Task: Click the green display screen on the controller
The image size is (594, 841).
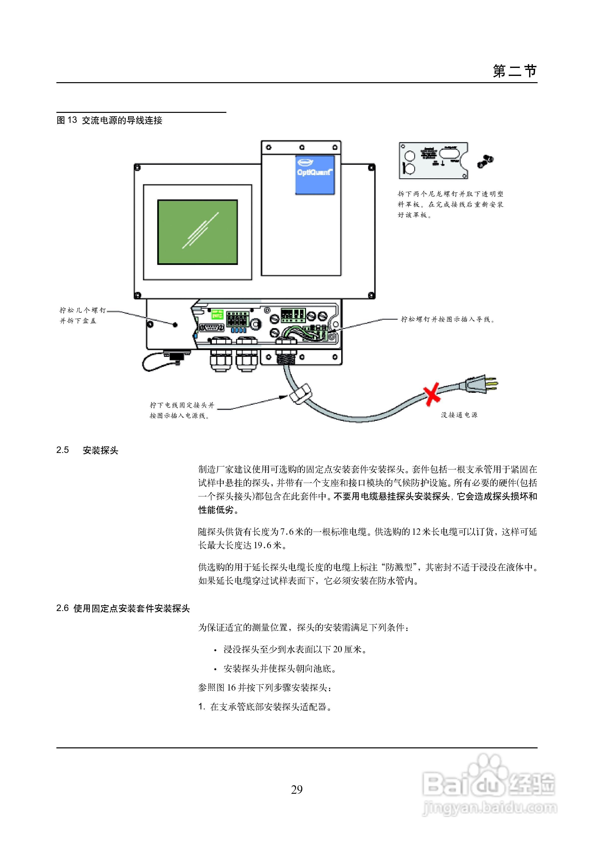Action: coord(197,232)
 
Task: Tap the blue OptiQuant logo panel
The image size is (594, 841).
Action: coord(315,175)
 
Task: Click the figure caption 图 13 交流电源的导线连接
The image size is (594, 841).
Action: coord(109,120)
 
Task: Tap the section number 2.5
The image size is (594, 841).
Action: coord(63,450)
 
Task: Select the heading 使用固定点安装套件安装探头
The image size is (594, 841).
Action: coord(132,609)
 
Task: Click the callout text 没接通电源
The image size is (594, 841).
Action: coord(459,415)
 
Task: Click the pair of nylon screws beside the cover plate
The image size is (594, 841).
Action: coord(485,161)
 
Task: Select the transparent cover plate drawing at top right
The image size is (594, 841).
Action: coord(433,161)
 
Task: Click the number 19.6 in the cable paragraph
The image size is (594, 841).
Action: coord(263,545)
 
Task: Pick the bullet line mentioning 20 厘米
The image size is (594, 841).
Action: coord(295,649)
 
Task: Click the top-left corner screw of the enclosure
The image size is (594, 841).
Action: coord(137,168)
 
